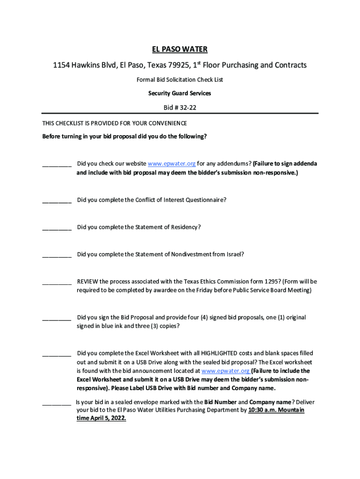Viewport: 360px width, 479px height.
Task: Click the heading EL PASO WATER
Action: [x=180, y=49]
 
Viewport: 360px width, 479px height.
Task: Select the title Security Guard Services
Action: [x=180, y=93]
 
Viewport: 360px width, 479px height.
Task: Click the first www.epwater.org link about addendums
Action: [x=172, y=164]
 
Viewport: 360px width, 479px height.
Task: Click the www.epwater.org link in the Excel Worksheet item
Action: [x=225, y=371]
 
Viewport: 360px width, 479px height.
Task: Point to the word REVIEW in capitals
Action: [x=87, y=282]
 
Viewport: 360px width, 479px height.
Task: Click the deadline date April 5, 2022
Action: [x=108, y=419]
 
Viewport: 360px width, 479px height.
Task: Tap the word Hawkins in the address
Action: [x=86, y=65]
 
